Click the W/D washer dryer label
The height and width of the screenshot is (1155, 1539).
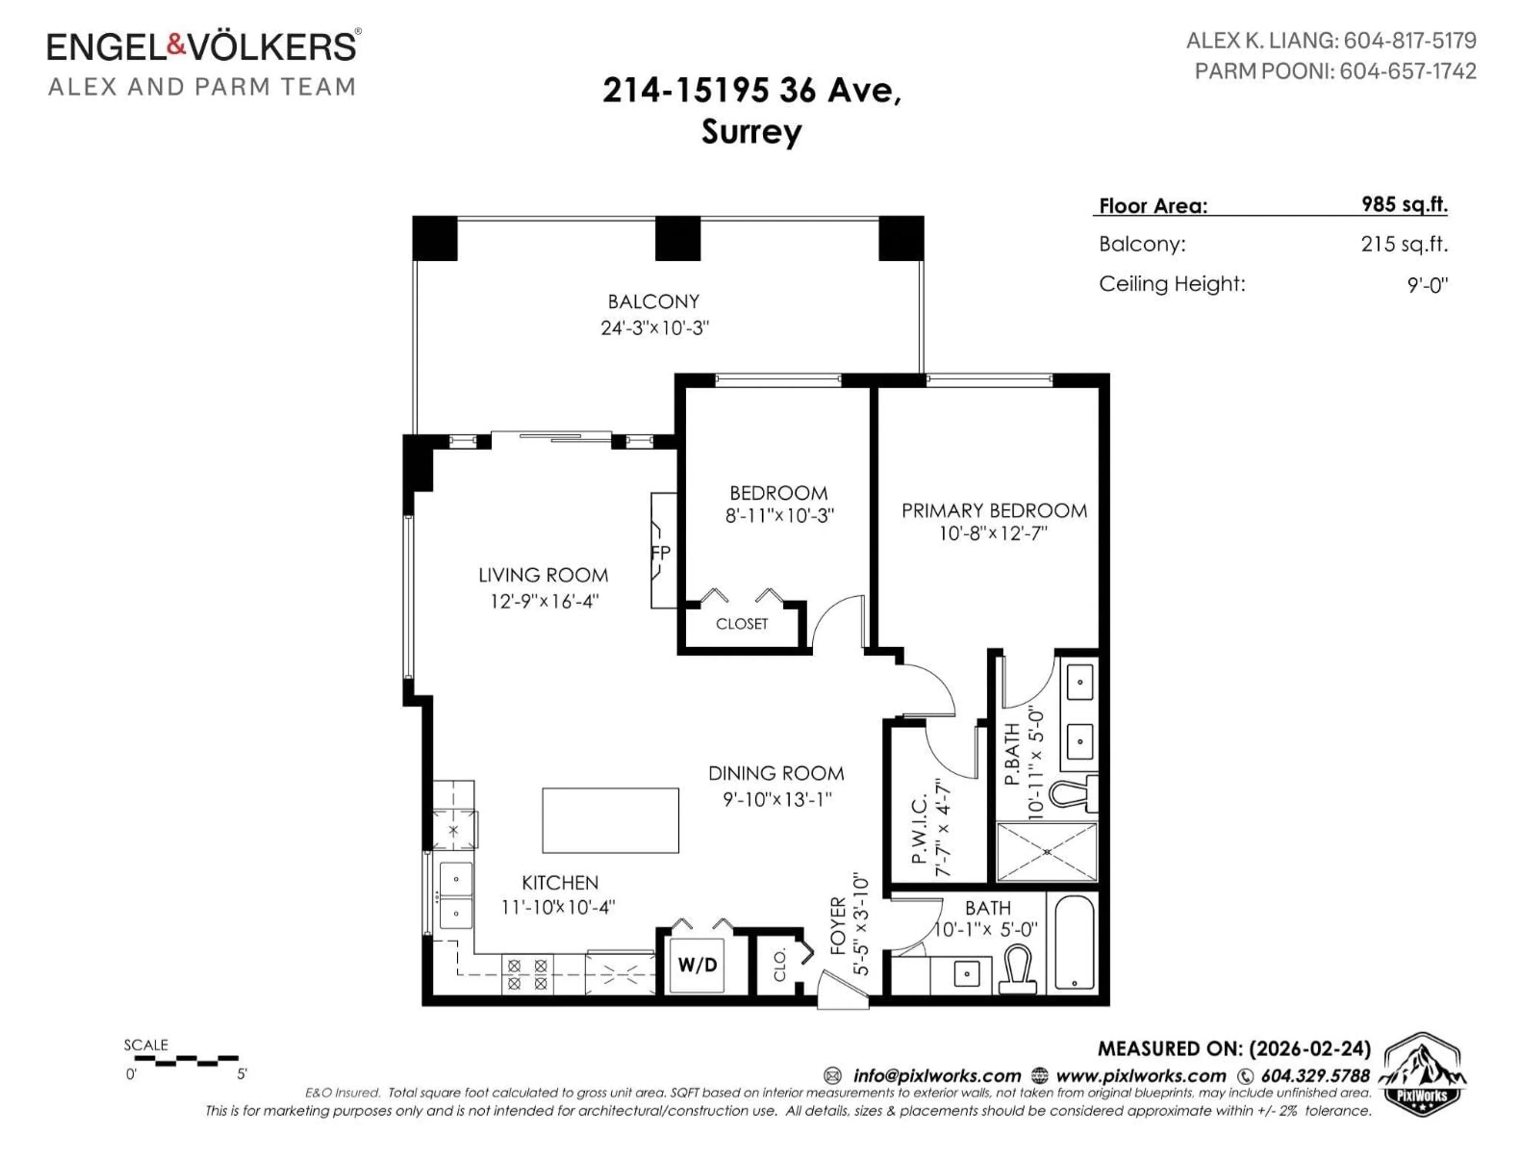pyautogui.click(x=697, y=964)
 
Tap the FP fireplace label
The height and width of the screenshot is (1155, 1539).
pyautogui.click(x=661, y=553)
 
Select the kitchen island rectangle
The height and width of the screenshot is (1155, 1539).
pyautogui.click(x=610, y=820)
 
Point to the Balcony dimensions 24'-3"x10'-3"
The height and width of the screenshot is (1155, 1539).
pyautogui.click(x=655, y=328)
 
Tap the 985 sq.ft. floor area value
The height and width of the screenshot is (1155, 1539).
pyautogui.click(x=1404, y=204)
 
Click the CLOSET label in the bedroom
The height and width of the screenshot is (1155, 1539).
pyautogui.click(x=742, y=624)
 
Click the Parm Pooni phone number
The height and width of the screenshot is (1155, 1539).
pyautogui.click(x=1408, y=71)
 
